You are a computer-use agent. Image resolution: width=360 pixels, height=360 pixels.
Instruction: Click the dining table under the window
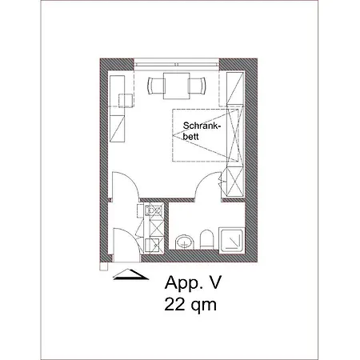[177, 86]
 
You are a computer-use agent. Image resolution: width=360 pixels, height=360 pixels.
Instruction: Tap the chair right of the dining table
[198, 86]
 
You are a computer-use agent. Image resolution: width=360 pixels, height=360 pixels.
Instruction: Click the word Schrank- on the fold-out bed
[202, 126]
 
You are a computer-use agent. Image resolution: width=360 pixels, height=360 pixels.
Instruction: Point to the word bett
[190, 137]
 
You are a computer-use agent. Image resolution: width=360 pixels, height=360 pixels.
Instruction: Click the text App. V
[193, 283]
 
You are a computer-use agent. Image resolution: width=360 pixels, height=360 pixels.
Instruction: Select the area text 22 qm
[190, 305]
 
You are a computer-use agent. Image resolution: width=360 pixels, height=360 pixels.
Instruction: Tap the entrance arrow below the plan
[130, 274]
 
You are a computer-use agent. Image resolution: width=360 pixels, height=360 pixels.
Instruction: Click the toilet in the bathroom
[206, 239]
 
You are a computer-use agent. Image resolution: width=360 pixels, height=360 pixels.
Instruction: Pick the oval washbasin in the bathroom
[184, 242]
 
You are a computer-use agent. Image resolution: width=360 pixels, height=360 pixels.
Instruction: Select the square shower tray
[232, 241]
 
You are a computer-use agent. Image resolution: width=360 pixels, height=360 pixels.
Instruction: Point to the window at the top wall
[176, 64]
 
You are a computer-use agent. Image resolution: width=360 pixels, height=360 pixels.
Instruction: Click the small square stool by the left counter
[126, 101]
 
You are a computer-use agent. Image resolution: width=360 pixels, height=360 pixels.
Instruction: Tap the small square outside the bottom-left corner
[103, 266]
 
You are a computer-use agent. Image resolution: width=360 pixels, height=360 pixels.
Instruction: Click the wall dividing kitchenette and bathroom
[166, 226]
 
